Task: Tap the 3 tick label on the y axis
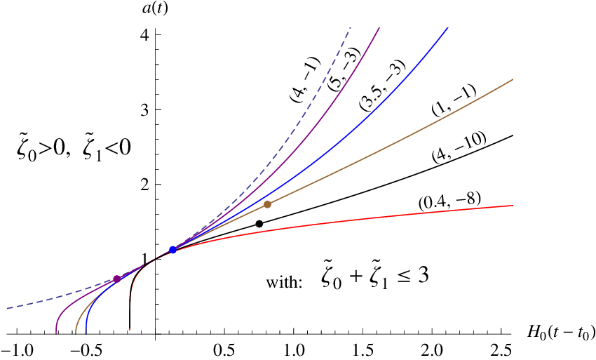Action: click(145, 109)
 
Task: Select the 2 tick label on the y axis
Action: click(145, 185)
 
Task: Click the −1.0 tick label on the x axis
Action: click(15, 349)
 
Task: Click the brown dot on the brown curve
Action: click(267, 204)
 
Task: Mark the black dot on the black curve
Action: click(259, 223)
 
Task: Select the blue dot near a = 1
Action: click(173, 250)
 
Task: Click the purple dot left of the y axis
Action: click(116, 279)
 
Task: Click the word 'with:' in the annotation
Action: click(284, 283)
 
